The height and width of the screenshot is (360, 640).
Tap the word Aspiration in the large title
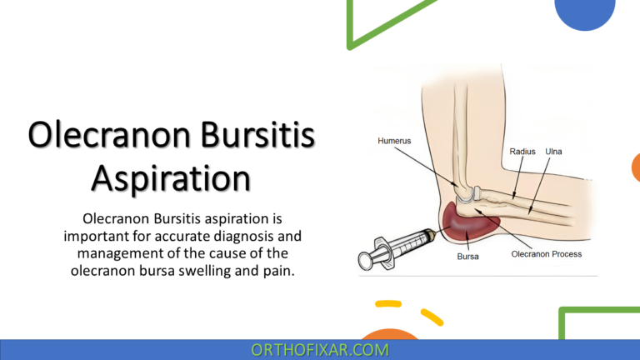172,178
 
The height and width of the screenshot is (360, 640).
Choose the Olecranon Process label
546,253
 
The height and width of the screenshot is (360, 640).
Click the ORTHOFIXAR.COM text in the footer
319,350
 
